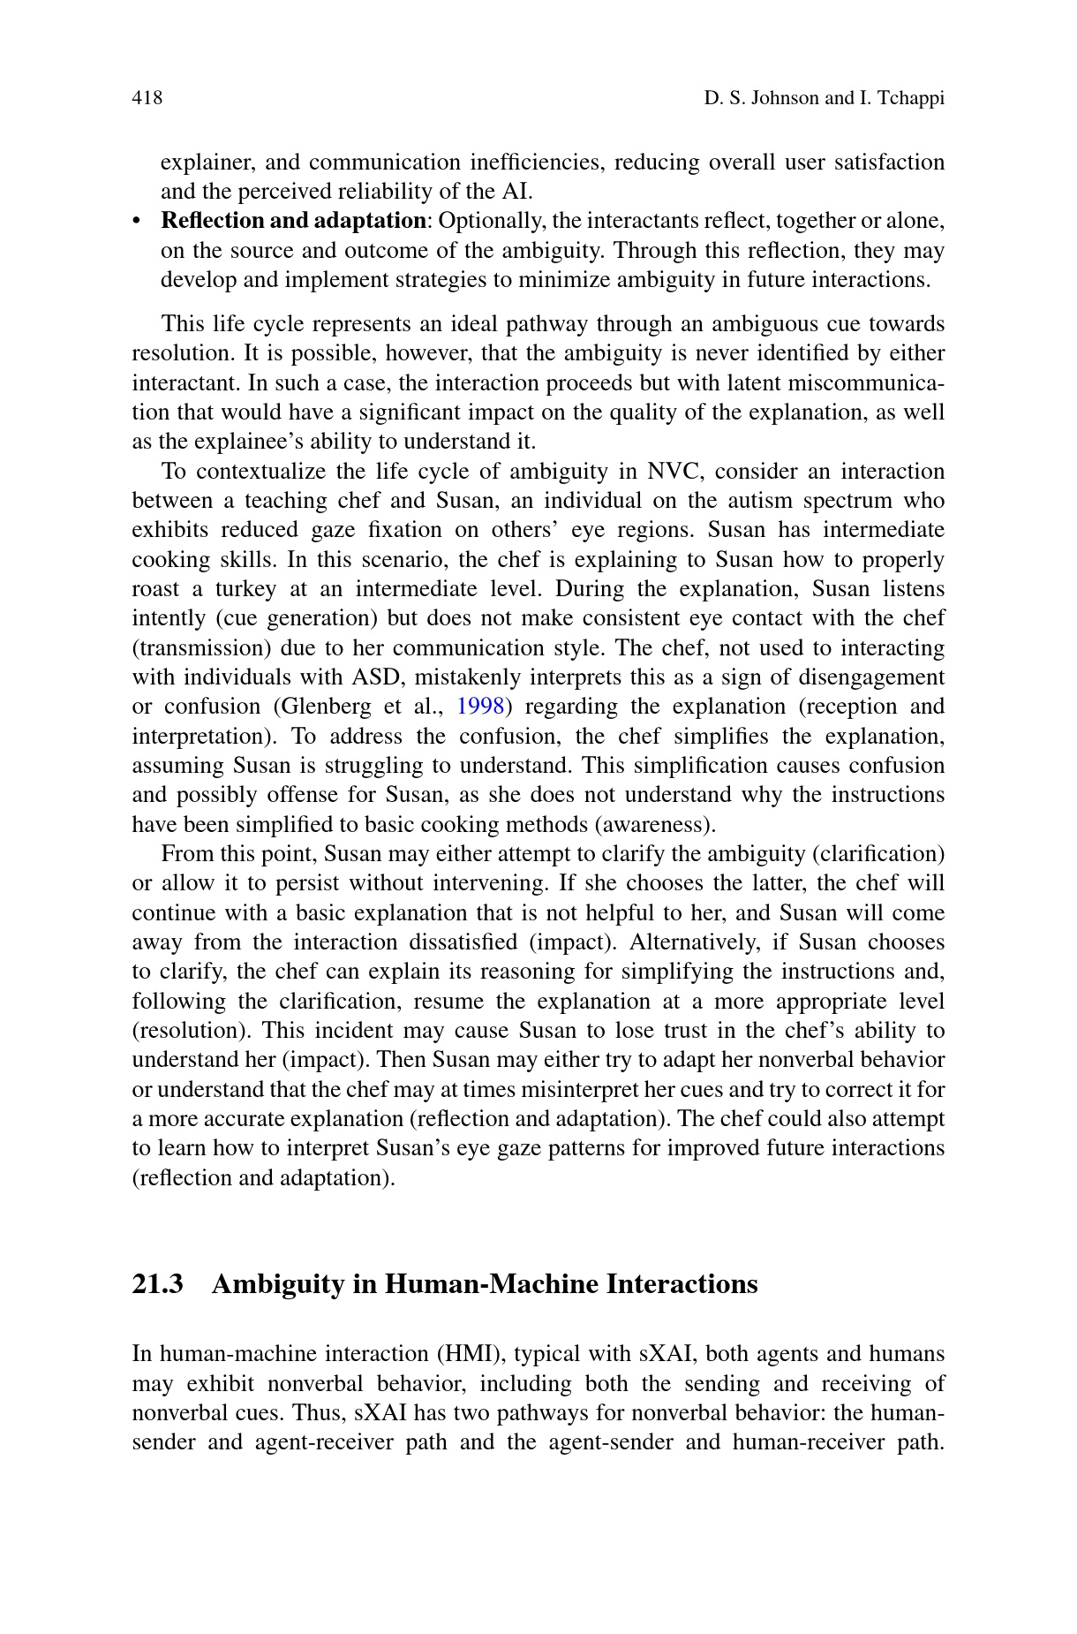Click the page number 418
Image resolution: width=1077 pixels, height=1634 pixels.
point(147,98)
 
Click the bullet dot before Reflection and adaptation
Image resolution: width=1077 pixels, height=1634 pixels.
point(137,221)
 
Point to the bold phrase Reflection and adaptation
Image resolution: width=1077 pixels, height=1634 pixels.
point(292,221)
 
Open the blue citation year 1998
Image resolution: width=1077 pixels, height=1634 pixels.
point(479,707)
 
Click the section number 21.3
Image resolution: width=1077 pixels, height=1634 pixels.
point(157,1283)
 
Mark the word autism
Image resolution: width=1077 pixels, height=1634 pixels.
point(763,501)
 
